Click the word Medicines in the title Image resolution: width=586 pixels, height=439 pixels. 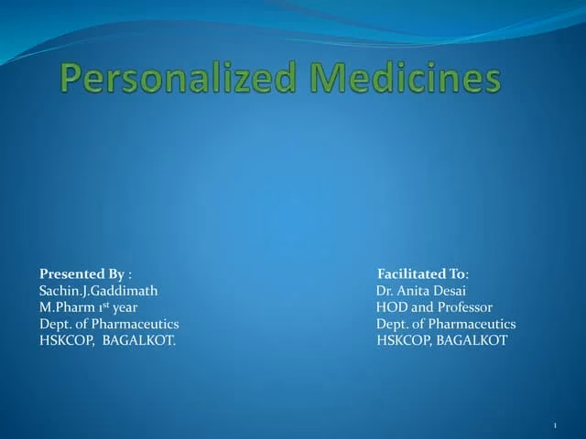(x=406, y=79)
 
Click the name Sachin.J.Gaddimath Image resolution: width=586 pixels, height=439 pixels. (x=99, y=291)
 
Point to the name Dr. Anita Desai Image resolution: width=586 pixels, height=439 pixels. (x=421, y=291)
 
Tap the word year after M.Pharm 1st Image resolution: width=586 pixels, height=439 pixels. (x=125, y=307)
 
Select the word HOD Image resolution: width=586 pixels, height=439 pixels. (x=390, y=307)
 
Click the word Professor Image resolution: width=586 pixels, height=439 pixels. (x=463, y=307)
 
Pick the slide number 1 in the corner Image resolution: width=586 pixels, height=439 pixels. (x=556, y=427)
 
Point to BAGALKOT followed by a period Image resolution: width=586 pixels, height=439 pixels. (x=138, y=340)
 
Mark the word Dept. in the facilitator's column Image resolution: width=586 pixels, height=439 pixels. (x=392, y=324)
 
